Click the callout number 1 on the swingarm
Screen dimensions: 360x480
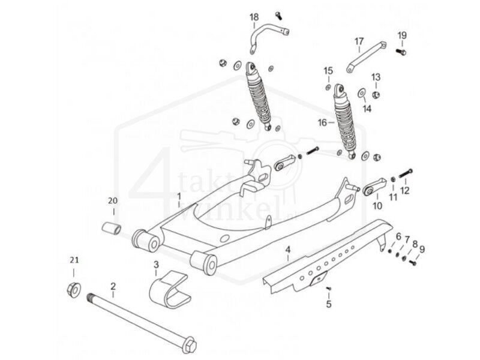pos(178,197)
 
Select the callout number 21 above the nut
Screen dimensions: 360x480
pos(74,260)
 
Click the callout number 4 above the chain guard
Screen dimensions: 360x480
pos(287,248)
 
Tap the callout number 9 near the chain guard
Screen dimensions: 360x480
pos(422,248)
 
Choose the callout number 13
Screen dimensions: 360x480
pos(375,77)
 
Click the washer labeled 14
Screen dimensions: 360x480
pos(363,93)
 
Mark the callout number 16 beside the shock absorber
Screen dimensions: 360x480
pos(322,122)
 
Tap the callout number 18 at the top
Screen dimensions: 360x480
pos(254,16)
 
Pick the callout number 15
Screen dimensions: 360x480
pos(328,71)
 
